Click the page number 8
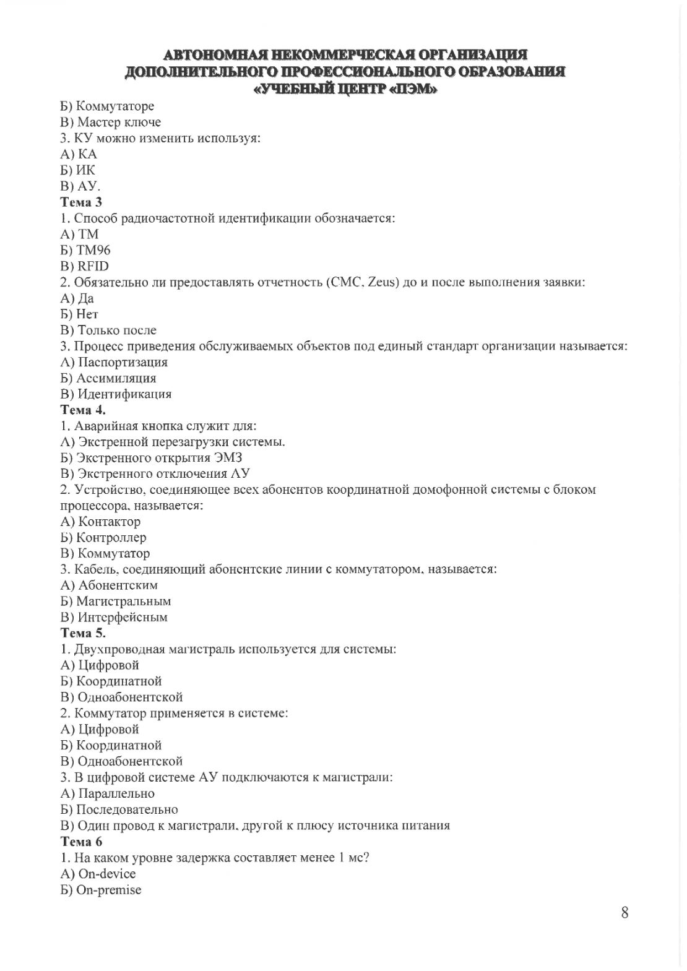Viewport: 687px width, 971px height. click(624, 912)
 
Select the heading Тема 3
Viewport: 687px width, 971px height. click(81, 202)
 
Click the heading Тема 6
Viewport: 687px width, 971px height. click(81, 842)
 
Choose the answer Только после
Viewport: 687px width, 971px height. click(116, 330)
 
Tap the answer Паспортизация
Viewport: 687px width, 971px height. click(123, 362)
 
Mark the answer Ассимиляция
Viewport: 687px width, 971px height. click(116, 378)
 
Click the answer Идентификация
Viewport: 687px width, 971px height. click(124, 394)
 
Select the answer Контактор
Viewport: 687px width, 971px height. click(110, 522)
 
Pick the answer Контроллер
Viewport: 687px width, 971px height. click(111, 538)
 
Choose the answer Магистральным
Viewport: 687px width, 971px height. click(124, 601)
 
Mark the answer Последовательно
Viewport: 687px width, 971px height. click(127, 809)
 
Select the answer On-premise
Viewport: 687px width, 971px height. click(109, 890)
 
